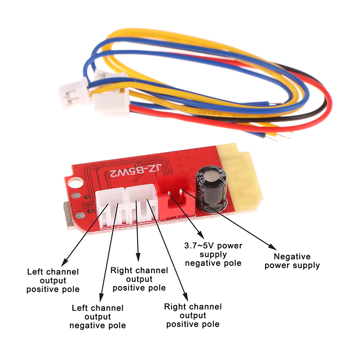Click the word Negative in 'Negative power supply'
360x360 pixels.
pos(292,256)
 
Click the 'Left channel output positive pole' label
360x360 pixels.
pos(53,280)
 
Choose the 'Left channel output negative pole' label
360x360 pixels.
pos(97,316)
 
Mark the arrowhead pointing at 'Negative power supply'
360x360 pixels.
pos(272,247)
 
